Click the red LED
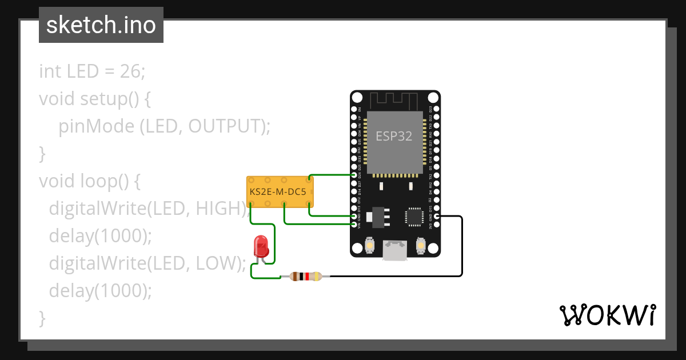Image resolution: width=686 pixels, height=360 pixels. pos(261,246)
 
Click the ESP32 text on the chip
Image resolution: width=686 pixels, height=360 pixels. pos(393,136)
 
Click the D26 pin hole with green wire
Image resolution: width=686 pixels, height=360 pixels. pos(354,175)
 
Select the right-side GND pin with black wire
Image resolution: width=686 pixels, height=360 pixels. pos(437,216)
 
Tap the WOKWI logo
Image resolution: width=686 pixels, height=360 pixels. pos(607,315)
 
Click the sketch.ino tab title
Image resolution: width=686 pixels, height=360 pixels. pos(101,25)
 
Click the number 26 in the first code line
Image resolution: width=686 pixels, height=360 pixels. pos(130,71)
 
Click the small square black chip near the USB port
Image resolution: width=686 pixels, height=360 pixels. pos(414,216)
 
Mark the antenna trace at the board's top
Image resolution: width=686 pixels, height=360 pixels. pos(394,100)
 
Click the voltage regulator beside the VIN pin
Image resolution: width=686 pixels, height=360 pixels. pos(377,216)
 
